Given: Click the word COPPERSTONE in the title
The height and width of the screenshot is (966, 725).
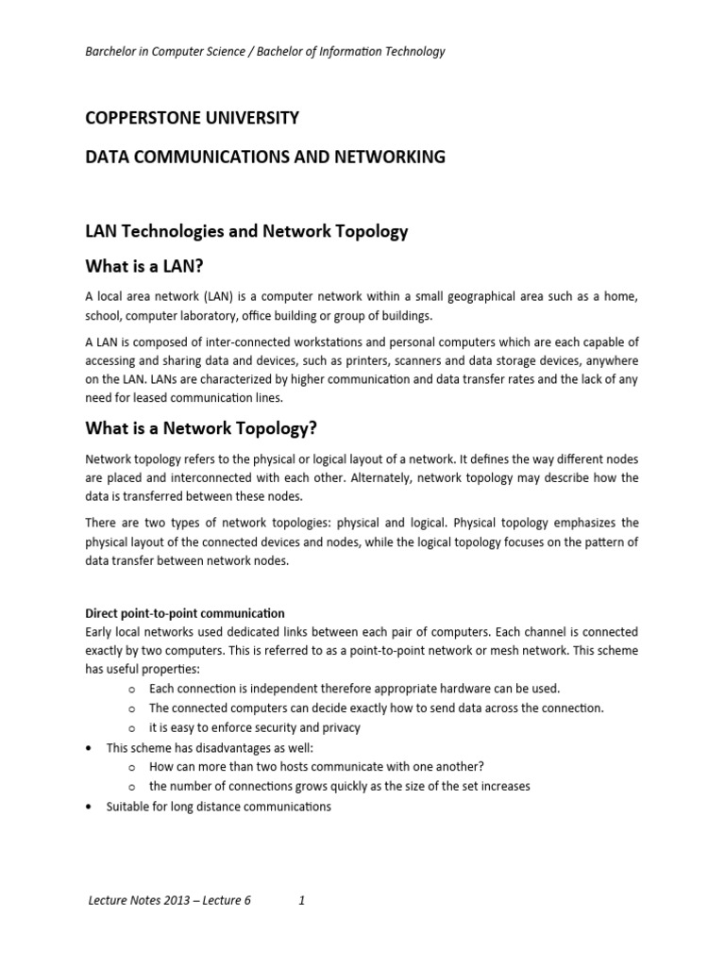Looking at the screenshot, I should (x=142, y=118).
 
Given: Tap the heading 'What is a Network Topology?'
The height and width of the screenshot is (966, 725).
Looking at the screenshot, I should (x=201, y=428).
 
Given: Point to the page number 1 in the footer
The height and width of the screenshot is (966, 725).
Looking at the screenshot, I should (x=301, y=900).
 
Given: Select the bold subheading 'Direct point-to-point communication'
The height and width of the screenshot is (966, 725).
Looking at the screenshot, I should (x=185, y=613).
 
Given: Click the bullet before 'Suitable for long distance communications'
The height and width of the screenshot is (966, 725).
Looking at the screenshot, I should (x=89, y=808).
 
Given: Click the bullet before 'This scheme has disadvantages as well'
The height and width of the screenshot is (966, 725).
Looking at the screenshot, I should (x=89, y=747).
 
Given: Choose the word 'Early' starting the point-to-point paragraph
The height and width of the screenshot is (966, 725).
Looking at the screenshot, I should (x=100, y=631).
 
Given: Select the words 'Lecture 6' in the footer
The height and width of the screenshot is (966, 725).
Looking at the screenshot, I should (x=227, y=900).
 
